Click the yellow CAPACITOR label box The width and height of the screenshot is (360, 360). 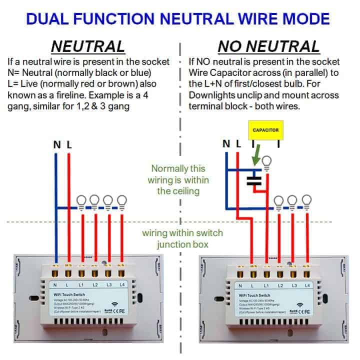pos(265,129)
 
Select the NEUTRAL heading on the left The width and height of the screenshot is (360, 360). pos(88,46)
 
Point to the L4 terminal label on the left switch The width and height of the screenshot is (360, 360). pos(121,285)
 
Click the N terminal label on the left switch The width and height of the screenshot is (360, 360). pos(54,285)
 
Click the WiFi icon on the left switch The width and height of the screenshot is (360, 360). pos(114,304)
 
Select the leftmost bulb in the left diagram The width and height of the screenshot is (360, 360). pos(81,201)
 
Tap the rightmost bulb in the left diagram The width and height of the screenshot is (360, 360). pos(121,201)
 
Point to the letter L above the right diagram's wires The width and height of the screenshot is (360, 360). pos(238,144)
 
